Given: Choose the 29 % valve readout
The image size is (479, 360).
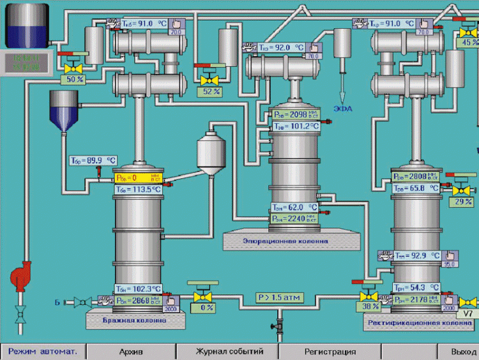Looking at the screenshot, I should coord(462,202).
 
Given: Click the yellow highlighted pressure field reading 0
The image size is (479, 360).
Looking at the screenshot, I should coord(139,178).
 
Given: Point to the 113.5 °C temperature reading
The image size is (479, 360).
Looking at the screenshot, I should coord(139,190).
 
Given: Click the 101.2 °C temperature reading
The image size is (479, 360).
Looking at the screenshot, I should coord(296,126).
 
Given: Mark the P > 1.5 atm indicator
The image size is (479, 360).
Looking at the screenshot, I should coord(279,297).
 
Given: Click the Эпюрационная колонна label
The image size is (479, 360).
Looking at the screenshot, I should coord(285,241).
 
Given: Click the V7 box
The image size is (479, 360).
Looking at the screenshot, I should coord(469,314).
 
